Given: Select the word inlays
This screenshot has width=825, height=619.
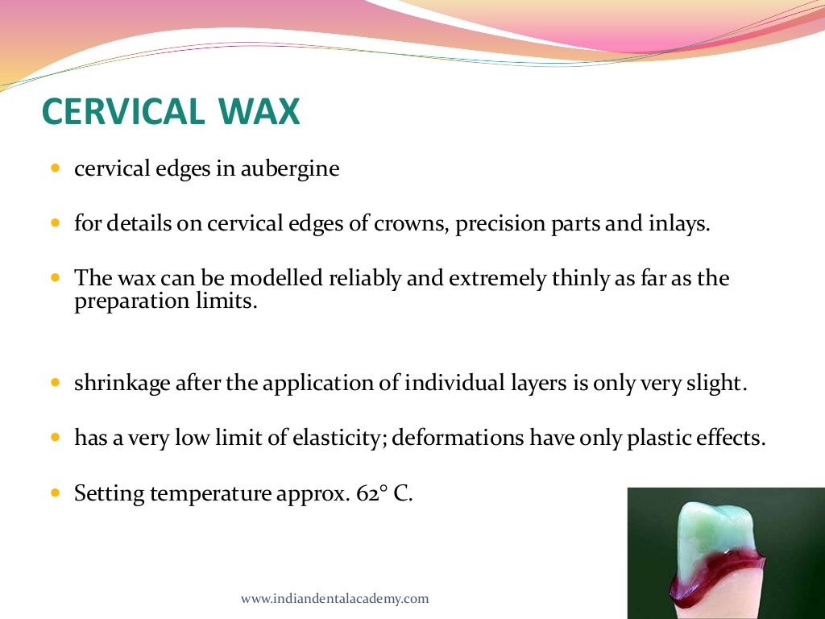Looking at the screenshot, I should (682, 223).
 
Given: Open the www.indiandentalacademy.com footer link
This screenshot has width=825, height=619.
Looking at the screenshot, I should (334, 599).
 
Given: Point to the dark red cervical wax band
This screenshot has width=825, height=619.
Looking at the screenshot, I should (717, 569).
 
